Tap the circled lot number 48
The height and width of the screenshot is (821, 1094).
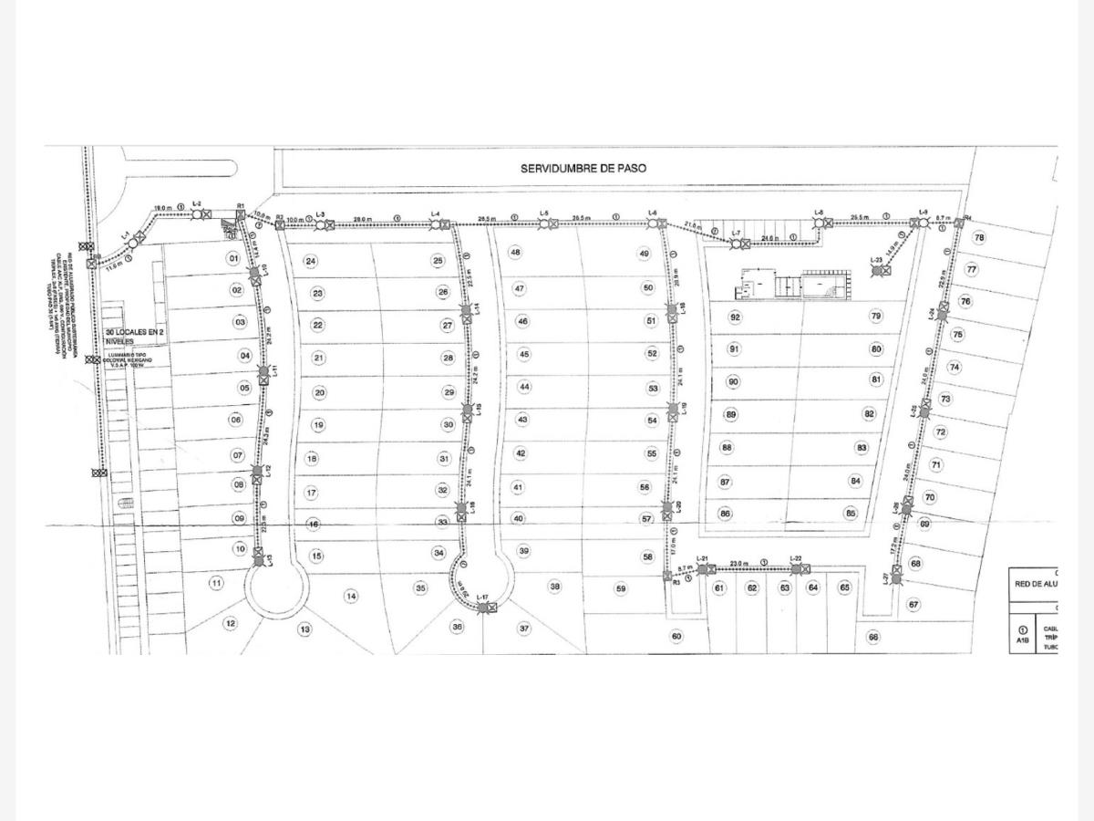click(516, 252)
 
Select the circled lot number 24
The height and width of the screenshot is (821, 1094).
click(311, 261)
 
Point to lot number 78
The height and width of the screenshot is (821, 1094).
click(979, 238)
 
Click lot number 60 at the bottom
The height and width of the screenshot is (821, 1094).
click(676, 636)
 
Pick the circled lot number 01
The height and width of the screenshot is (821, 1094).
click(233, 258)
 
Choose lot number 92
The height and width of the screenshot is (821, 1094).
click(735, 317)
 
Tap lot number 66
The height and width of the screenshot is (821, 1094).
click(873, 637)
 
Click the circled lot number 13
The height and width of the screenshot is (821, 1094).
click(304, 629)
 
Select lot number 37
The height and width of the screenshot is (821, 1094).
click(524, 628)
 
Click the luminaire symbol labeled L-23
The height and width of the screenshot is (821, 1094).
click(877, 271)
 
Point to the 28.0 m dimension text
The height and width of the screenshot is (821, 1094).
click(363, 219)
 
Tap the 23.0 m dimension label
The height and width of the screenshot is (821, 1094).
click(738, 564)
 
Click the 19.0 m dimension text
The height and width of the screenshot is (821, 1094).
click(162, 208)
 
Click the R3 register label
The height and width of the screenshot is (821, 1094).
click(676, 582)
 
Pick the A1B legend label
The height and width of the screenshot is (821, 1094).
click(1023, 641)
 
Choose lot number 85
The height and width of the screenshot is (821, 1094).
click(851, 513)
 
